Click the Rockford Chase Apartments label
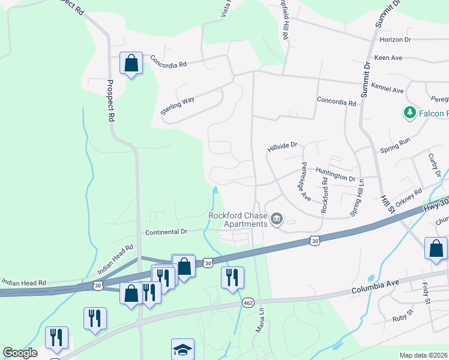(x=237, y=220)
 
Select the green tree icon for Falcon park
(x=410, y=113)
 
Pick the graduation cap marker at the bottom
(x=183, y=350)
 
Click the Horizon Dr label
(x=395, y=40)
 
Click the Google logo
(x=20, y=353)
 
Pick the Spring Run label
(x=395, y=143)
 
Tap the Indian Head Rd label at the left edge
(x=24, y=282)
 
